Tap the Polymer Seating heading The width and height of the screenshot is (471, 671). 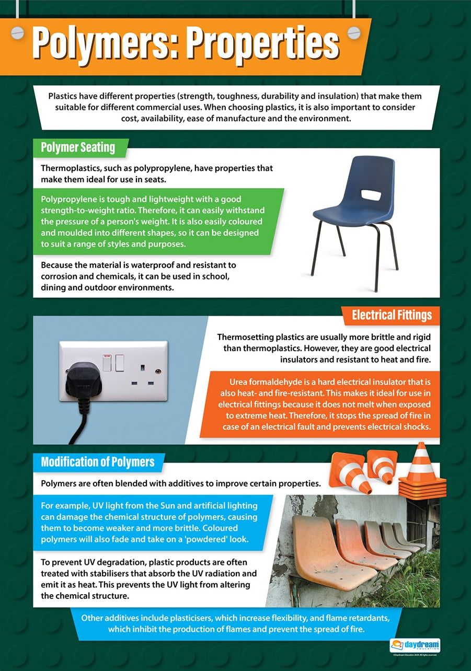tap(78, 147)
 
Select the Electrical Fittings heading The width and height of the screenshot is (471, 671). tap(392, 315)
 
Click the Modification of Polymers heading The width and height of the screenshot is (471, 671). tap(97, 462)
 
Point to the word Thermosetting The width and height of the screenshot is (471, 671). tap(248, 337)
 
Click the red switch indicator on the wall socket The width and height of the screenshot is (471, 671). tap(107, 356)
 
